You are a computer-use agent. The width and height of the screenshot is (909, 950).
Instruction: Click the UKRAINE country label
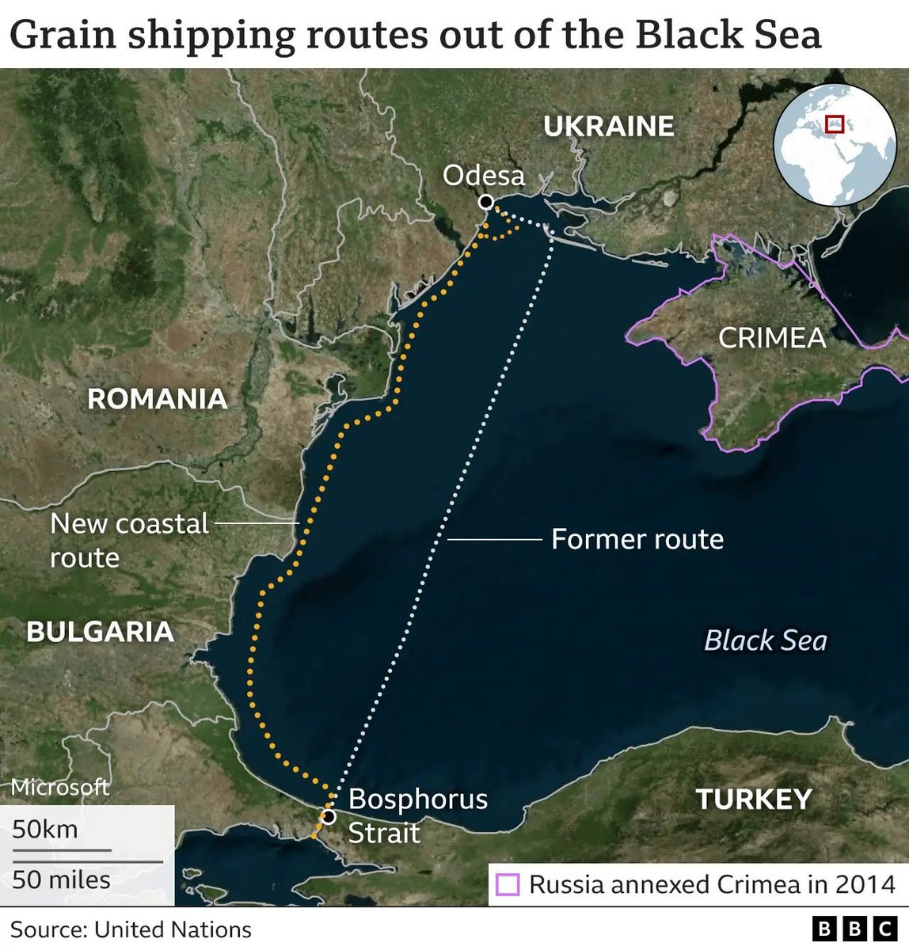click(608, 126)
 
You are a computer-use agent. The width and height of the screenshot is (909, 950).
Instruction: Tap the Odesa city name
click(483, 175)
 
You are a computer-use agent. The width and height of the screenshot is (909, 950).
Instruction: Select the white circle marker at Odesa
click(485, 203)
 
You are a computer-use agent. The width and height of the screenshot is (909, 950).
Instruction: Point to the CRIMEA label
click(772, 338)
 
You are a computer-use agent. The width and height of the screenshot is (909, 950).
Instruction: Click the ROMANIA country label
click(157, 398)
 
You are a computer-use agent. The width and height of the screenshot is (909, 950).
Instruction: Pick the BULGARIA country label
click(100, 631)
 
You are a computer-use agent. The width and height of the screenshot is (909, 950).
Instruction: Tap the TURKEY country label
click(754, 799)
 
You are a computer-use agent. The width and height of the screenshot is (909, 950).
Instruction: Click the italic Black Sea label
click(765, 640)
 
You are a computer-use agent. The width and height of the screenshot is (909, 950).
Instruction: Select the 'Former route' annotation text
click(637, 539)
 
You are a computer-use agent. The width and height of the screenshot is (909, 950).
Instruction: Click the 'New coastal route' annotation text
click(129, 540)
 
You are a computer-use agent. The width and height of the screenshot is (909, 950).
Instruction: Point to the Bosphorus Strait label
click(418, 815)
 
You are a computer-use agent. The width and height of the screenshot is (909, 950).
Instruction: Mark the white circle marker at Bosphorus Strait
click(327, 816)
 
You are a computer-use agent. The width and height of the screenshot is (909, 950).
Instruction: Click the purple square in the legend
click(508, 884)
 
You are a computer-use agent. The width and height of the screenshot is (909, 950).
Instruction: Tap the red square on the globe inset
click(835, 124)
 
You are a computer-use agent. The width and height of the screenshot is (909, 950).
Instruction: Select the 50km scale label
click(45, 829)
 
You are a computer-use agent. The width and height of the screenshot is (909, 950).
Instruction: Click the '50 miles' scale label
click(61, 879)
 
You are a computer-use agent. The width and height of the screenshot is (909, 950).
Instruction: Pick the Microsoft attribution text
click(59, 787)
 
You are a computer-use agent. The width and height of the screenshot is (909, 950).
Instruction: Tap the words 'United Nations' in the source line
click(173, 929)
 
